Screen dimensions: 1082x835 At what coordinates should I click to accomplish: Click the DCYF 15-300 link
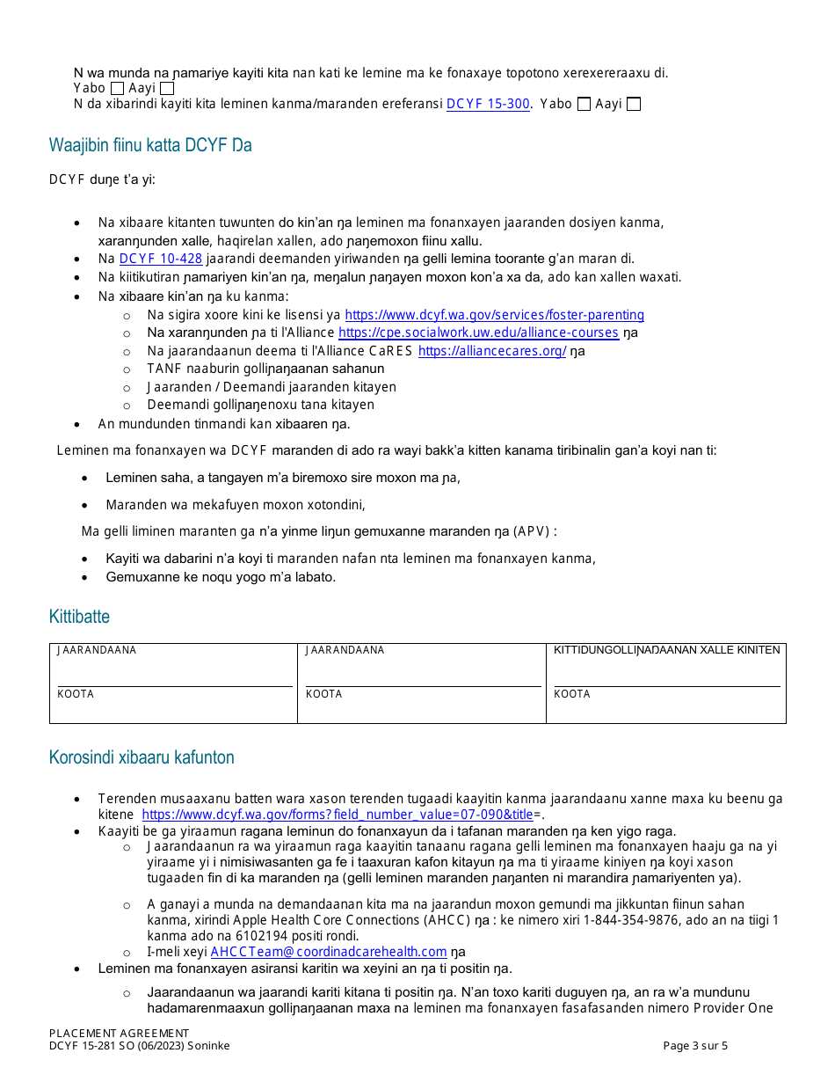(x=488, y=104)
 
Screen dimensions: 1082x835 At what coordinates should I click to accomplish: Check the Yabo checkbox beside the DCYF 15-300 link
(x=584, y=104)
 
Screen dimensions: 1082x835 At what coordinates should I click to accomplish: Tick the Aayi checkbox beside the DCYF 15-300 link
(x=634, y=104)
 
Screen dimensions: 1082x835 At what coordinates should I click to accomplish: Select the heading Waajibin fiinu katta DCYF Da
(x=150, y=146)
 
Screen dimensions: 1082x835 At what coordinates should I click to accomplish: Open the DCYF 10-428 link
(x=161, y=259)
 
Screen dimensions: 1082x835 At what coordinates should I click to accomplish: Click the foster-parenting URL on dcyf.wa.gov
(x=494, y=315)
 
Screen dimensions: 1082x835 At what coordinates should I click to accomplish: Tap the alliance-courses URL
(x=478, y=333)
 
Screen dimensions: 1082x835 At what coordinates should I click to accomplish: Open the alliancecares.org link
(x=492, y=351)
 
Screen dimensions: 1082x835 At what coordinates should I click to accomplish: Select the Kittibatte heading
(x=79, y=617)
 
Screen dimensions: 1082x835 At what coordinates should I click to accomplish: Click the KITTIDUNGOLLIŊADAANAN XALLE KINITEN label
(x=666, y=650)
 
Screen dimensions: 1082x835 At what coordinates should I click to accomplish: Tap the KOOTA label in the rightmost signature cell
(x=572, y=694)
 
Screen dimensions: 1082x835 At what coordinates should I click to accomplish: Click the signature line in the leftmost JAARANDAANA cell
(x=174, y=685)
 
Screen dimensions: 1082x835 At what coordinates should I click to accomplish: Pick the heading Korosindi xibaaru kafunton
(x=142, y=757)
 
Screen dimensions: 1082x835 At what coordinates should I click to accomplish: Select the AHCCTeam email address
(x=329, y=952)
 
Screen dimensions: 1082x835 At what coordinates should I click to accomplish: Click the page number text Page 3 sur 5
(x=694, y=1046)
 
